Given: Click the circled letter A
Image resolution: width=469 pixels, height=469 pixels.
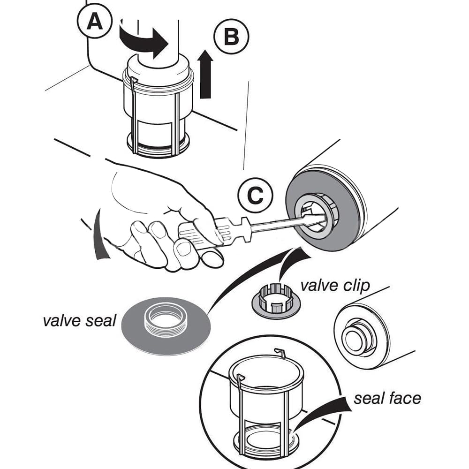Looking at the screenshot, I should (x=96, y=22).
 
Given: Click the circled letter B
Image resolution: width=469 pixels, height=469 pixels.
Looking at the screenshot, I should (x=231, y=36).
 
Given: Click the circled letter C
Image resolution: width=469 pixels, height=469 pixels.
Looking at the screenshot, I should (x=255, y=196).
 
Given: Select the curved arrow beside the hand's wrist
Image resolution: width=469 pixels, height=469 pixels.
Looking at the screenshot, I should (x=100, y=234).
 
